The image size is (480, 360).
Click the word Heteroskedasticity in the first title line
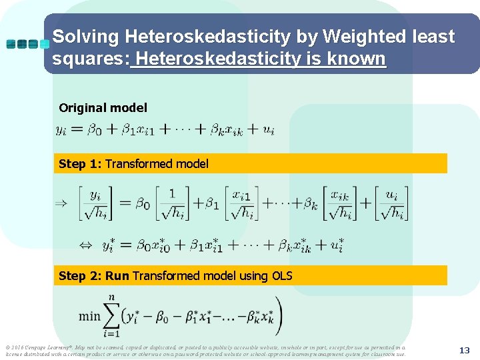(x=193, y=37)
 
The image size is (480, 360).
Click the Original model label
(x=103, y=107)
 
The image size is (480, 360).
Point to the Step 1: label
(x=81, y=163)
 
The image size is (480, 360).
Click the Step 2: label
(x=81, y=275)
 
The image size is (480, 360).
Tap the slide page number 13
(x=465, y=350)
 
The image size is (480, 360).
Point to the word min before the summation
(x=89, y=315)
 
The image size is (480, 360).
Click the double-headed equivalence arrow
(x=86, y=245)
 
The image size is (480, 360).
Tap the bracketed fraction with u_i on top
(x=391, y=203)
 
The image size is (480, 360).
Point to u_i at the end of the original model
(x=268, y=130)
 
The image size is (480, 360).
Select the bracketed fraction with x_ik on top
(x=339, y=203)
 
